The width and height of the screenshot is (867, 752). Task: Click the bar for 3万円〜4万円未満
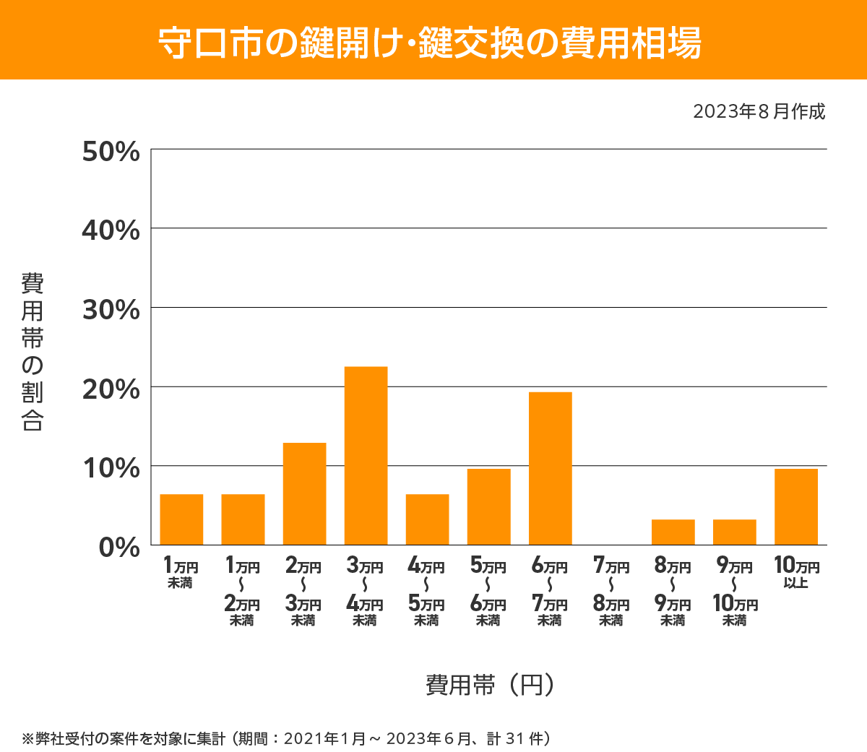[366, 456]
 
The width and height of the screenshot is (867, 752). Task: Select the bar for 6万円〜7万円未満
[550, 468]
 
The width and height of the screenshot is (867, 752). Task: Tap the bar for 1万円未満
[181, 519]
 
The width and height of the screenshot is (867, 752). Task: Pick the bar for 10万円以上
[795, 506]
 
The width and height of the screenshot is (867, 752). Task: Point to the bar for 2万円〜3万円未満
[304, 493]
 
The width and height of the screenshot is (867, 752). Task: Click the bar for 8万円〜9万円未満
[673, 532]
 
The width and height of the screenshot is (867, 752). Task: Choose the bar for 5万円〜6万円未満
[488, 506]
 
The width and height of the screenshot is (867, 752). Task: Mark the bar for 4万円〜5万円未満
[427, 519]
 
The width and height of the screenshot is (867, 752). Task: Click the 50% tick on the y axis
[111, 152]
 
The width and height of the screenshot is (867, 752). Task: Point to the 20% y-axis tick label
[111, 389]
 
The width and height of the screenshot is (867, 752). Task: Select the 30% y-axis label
[111, 310]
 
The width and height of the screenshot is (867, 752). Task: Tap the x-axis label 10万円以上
[795, 572]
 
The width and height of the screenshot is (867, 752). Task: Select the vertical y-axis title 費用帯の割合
[33, 352]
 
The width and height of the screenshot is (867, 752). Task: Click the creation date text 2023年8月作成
[758, 112]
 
